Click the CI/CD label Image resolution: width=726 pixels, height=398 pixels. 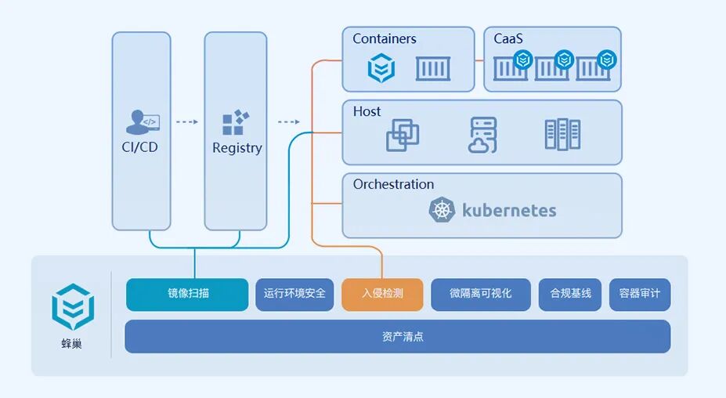(x=141, y=147)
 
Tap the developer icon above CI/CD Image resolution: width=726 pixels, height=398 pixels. (x=142, y=122)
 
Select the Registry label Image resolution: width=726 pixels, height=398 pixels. (x=237, y=148)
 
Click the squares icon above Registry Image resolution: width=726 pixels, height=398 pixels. (x=235, y=122)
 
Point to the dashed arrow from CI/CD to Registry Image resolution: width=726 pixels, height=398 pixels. (x=186, y=122)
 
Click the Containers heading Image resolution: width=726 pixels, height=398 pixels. (x=384, y=39)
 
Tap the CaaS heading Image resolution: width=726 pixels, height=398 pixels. (x=507, y=39)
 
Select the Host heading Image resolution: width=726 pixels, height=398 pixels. (x=367, y=112)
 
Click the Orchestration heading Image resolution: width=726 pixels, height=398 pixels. (x=393, y=185)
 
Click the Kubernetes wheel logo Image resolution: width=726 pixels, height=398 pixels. (x=442, y=210)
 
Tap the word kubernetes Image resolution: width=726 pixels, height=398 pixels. (x=509, y=210)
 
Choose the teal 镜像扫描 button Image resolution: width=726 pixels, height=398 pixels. (x=187, y=294)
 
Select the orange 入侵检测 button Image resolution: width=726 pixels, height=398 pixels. (x=382, y=294)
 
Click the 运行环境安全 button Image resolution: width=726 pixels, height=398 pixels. (x=294, y=294)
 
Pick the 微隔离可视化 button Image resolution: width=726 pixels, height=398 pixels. (x=481, y=294)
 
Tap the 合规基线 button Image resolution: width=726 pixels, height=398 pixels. (x=570, y=294)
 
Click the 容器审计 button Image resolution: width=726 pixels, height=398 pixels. (x=639, y=294)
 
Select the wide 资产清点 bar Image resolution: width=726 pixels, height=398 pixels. (x=397, y=336)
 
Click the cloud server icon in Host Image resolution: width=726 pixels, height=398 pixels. (x=482, y=135)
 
